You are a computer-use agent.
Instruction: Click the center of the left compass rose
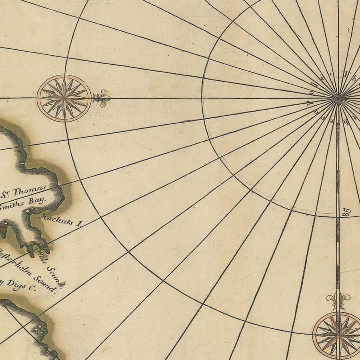(x=64, y=98)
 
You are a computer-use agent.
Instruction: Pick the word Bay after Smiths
(x=38, y=200)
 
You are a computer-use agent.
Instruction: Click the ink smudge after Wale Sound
(x=62, y=284)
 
